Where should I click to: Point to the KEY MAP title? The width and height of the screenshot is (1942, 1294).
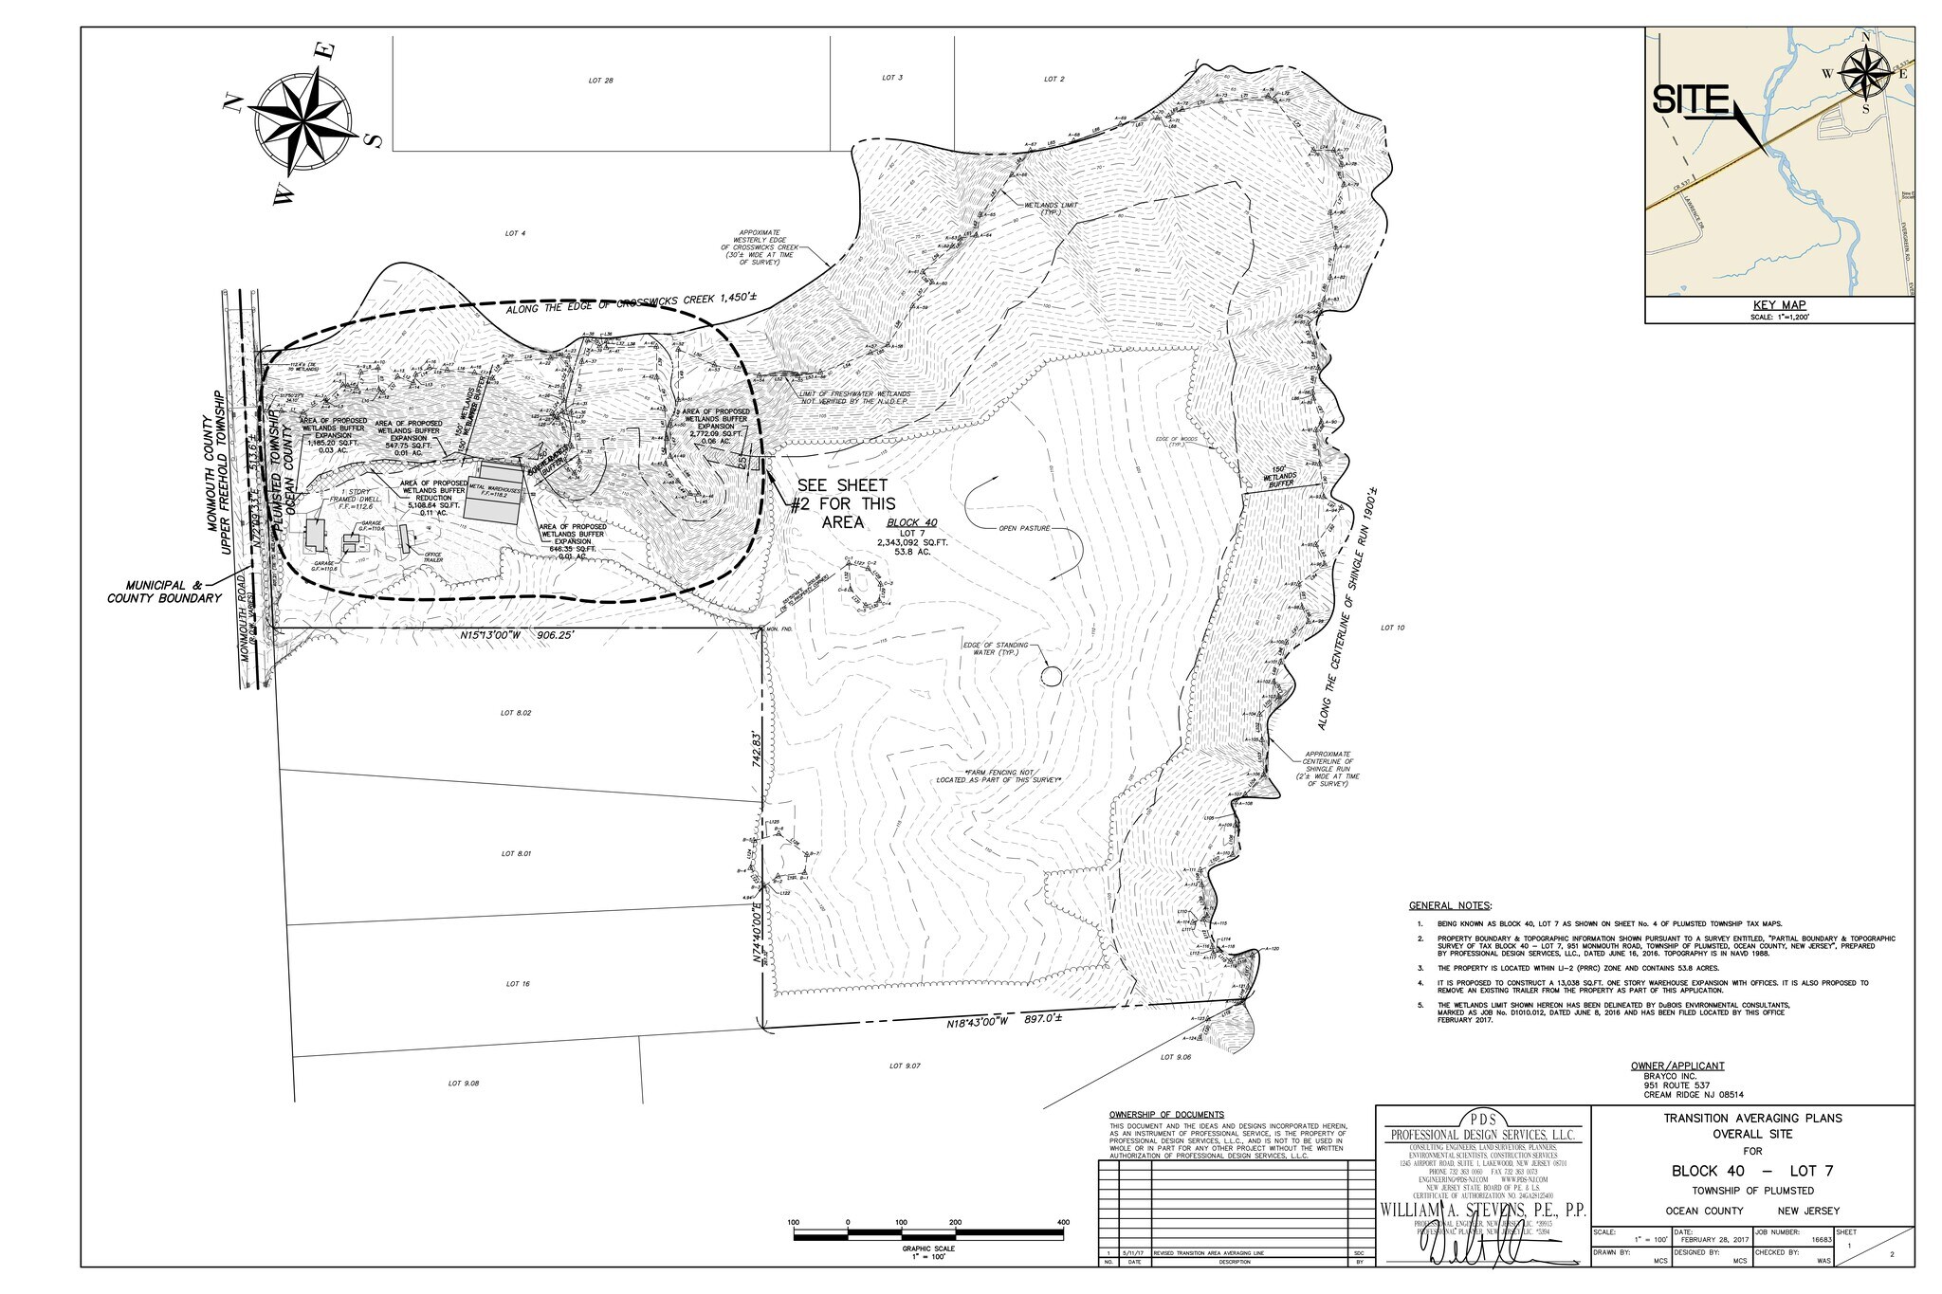pos(1779,305)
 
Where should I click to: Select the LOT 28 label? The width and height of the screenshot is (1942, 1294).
pos(600,81)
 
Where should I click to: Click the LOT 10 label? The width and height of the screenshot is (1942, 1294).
pos(1392,628)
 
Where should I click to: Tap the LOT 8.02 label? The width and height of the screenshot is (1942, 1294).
pos(516,712)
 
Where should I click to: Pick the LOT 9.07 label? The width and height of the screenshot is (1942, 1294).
pos(906,1066)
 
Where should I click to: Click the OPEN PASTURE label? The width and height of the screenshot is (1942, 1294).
pos(1024,528)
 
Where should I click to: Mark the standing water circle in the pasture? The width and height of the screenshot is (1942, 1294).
pos(1051,676)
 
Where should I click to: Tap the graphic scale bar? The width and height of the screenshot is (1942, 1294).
pos(927,1233)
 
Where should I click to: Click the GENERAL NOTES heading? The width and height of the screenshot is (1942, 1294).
pos(1450,905)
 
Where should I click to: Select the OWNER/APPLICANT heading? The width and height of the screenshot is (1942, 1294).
pos(1676,1066)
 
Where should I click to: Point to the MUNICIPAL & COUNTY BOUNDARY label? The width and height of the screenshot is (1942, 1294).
pos(164,592)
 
